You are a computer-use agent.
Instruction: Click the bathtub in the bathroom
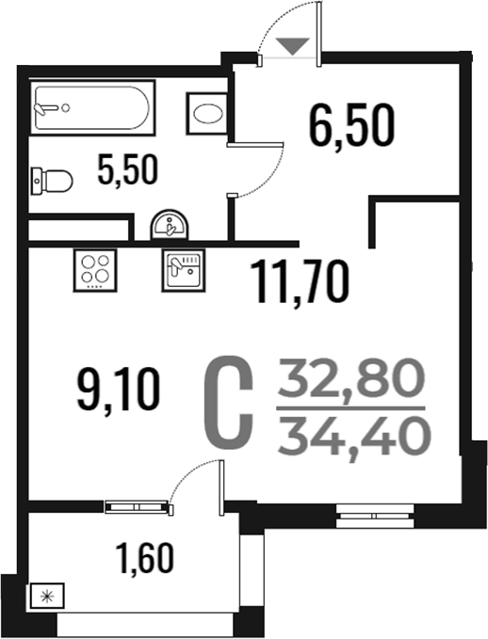coord(92,107)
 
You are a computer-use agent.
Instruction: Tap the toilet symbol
coord(52,181)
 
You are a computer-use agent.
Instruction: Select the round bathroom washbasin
coord(171,225)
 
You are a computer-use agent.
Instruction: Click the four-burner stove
coord(95,270)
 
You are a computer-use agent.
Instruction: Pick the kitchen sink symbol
coord(183,270)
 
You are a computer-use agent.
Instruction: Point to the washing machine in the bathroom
coord(207,113)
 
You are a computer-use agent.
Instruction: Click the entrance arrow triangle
coord(293,46)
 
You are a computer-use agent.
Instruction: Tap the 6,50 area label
coord(351,125)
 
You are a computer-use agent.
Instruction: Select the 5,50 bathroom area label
coord(127,169)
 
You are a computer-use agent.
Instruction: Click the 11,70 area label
coord(300,282)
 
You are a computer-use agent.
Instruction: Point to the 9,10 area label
coord(119,389)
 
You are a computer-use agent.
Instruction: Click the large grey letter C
coord(229,402)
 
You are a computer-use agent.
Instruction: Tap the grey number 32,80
coord(351,378)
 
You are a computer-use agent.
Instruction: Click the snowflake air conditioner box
coord(46,597)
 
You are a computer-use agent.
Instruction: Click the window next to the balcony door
coord(137,507)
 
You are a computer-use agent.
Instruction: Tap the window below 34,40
coord(375,516)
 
